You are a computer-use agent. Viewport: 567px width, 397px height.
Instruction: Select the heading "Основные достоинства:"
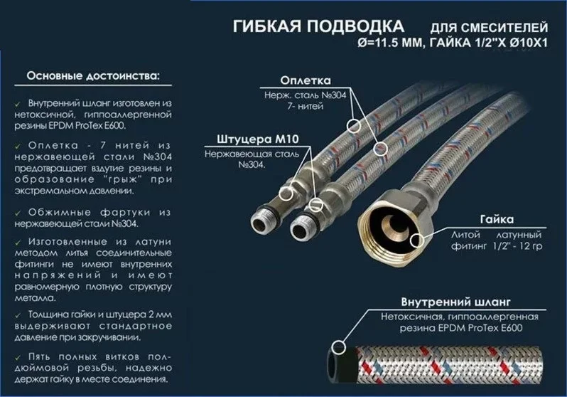point(93,75)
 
